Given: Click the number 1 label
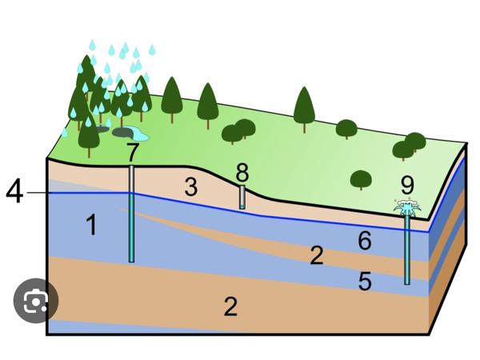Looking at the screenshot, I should point(92,226).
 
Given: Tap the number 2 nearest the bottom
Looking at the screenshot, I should point(230,306).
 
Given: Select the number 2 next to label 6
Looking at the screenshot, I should point(317,255).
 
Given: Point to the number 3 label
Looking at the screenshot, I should point(190,188).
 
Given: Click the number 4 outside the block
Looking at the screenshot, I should point(15,192).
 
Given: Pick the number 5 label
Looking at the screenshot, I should point(365,281).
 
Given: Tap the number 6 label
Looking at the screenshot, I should point(365,239).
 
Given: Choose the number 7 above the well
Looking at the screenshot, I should point(133,150).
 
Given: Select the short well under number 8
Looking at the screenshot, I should point(242,197).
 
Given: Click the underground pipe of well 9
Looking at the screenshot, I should point(407,248).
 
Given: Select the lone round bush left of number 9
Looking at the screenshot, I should point(361,179).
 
